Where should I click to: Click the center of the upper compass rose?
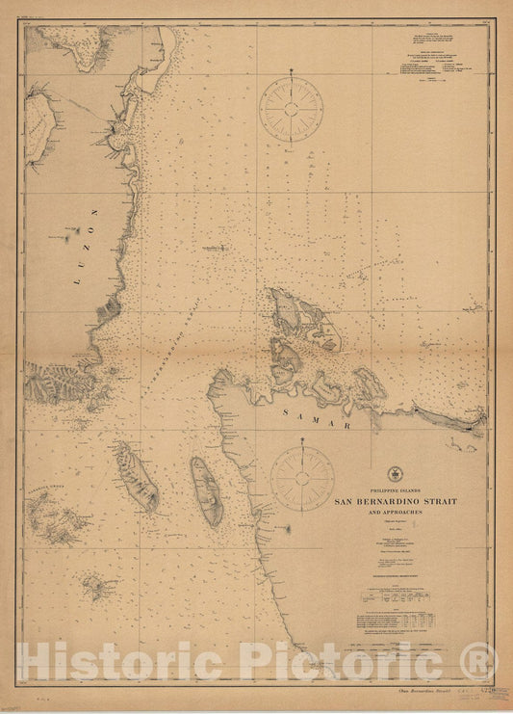point(292,108)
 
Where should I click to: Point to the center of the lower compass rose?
point(302,479)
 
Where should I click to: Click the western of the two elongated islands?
point(138,476)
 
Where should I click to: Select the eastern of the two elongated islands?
point(206,491)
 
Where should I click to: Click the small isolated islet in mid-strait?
point(214,248)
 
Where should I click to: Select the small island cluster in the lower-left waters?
point(97,584)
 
